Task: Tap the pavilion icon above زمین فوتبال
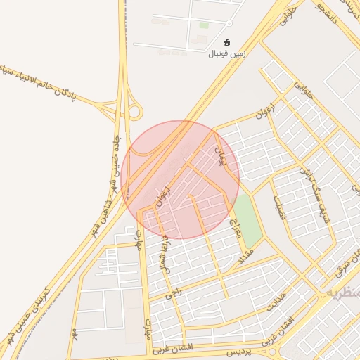click(226, 43)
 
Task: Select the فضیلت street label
click(276, 207)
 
